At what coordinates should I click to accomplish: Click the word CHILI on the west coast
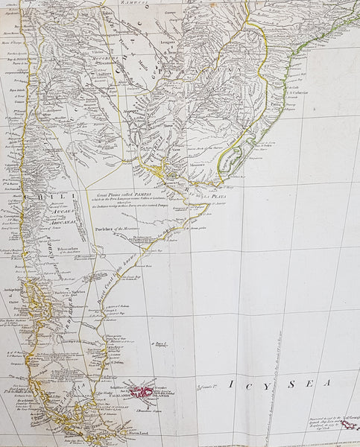[x=36, y=197]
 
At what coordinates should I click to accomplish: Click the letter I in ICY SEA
[x=231, y=384]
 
